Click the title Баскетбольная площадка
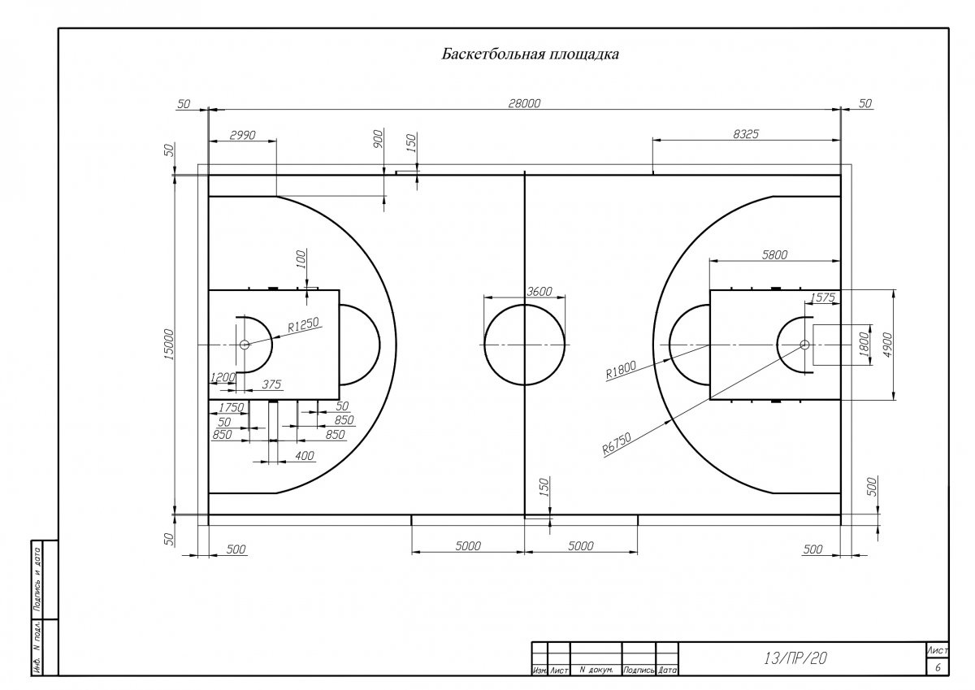(x=530, y=54)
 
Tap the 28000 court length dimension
(x=525, y=103)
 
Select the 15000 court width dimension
(x=169, y=345)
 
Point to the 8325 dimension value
(x=746, y=134)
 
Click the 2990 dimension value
(x=242, y=136)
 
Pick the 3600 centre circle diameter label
(x=539, y=291)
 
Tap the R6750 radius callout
(x=617, y=444)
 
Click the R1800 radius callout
(x=621, y=370)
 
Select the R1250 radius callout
(x=303, y=324)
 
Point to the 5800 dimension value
(x=774, y=254)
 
